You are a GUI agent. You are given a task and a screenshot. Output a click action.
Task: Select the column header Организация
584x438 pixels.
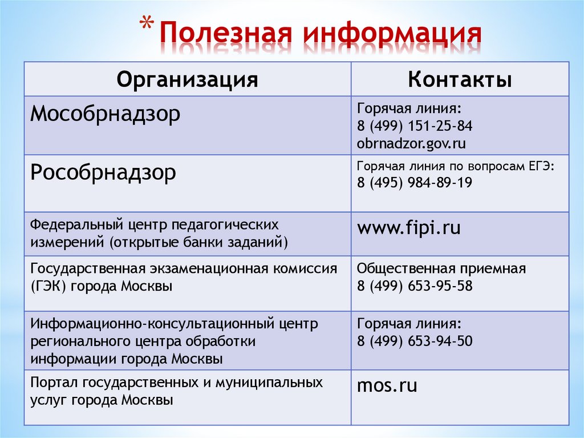coord(188,79)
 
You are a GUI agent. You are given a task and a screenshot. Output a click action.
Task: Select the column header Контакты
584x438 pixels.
coord(460,79)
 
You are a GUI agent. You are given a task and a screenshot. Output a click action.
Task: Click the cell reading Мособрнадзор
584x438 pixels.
coord(105,114)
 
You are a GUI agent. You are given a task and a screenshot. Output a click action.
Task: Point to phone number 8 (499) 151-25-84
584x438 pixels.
coord(415,126)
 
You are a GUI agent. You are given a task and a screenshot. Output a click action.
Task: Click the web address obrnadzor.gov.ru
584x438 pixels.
coord(411,143)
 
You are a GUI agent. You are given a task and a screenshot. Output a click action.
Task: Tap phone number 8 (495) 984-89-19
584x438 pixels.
coord(415,183)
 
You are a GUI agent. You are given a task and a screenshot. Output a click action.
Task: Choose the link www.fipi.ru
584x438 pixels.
coord(408,228)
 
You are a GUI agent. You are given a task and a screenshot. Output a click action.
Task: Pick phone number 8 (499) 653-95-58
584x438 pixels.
coord(415,286)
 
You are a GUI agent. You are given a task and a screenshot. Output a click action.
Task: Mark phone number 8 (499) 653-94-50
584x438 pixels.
coord(415,341)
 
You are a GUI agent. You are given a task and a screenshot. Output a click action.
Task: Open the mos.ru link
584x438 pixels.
coord(387,385)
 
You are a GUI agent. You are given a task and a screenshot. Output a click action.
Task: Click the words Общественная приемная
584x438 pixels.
coord(441,268)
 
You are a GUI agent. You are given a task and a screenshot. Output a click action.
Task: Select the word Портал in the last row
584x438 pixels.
coord(55,382)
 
